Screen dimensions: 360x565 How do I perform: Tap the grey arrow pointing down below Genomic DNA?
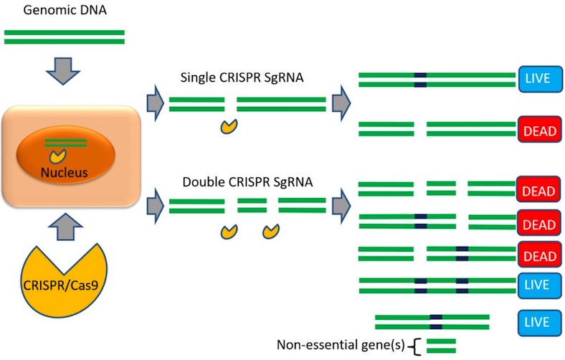point(65,69)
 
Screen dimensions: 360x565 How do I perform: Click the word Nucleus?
point(65,172)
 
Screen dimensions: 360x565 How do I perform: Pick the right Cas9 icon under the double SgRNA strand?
point(271,231)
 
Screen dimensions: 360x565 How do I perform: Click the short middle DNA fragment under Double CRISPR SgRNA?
point(252,206)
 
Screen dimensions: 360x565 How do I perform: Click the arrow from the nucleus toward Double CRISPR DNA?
point(154,205)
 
